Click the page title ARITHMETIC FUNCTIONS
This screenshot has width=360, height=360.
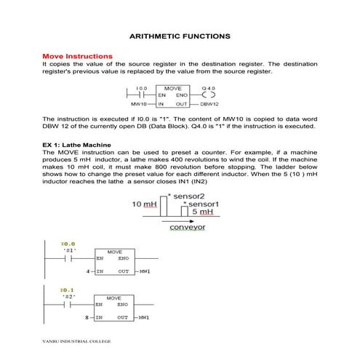pos(179,36)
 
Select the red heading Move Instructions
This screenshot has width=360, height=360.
pos(77,55)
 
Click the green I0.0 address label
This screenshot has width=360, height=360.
pos(68,244)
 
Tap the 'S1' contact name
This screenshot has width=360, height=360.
pos(70,250)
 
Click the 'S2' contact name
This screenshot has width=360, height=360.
pos(70,297)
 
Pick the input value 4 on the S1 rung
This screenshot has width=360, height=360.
pos(87,271)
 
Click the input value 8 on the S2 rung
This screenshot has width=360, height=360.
pos(87,318)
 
